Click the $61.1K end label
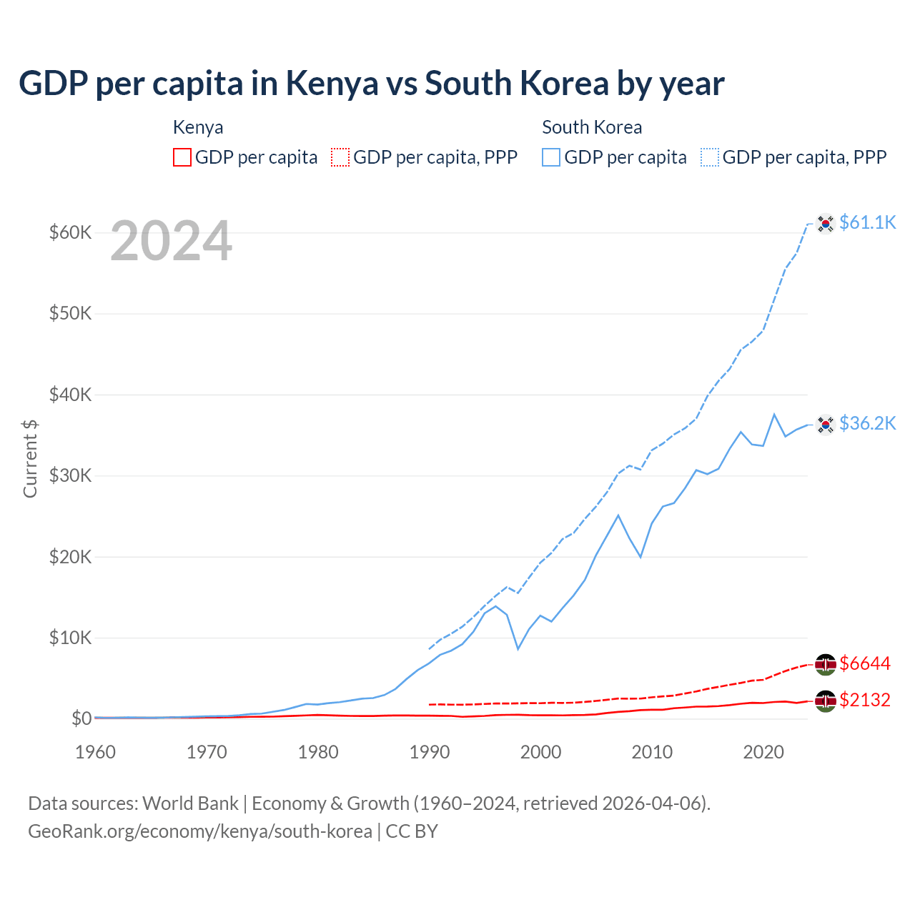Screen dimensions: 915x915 click(x=867, y=223)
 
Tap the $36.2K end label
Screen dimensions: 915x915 click(x=867, y=424)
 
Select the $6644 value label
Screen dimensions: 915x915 click(x=865, y=664)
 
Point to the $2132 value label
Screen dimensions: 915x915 click(x=865, y=701)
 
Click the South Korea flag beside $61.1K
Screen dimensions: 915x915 click(x=826, y=224)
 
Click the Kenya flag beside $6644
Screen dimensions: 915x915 click(x=826, y=664)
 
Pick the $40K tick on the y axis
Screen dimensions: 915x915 click(x=70, y=395)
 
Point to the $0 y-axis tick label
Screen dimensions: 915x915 click(x=81, y=718)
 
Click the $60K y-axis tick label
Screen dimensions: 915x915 click(x=70, y=233)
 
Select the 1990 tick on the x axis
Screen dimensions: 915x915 click(x=430, y=752)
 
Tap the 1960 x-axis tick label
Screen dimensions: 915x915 click(x=96, y=752)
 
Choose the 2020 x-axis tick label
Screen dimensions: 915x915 click(x=763, y=752)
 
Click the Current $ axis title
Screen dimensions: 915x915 click(x=30, y=459)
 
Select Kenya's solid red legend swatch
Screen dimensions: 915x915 click(x=182, y=157)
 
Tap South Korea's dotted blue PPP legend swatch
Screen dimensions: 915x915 click(x=709, y=157)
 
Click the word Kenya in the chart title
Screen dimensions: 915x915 click(x=332, y=84)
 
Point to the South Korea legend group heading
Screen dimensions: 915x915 click(x=592, y=127)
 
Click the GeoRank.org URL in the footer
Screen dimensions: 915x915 click(x=200, y=831)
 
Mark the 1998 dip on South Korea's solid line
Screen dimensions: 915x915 click(x=518, y=648)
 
